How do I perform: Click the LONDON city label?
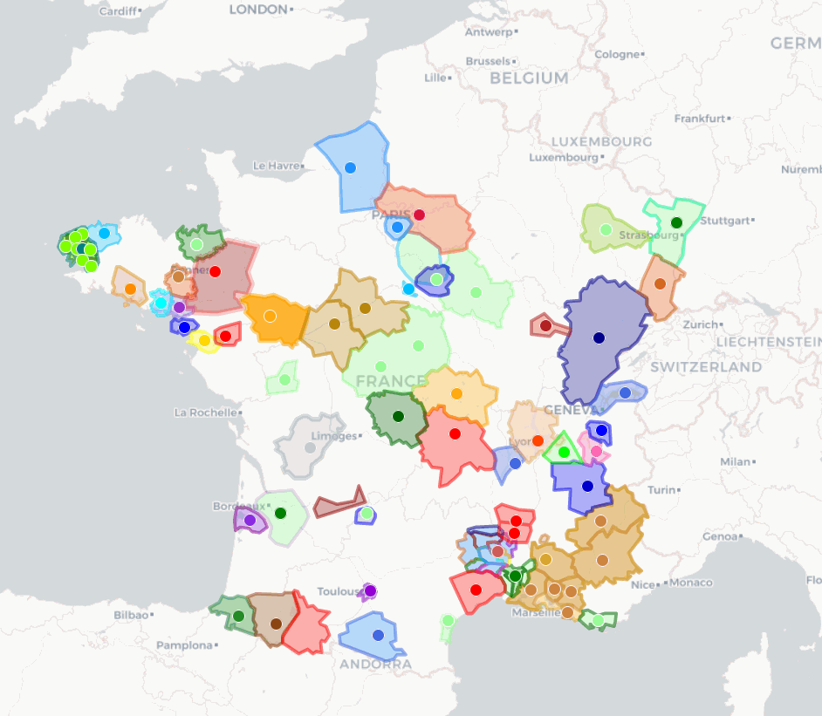click(x=258, y=10)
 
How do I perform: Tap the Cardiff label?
click(x=118, y=11)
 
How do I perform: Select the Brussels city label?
click(x=488, y=62)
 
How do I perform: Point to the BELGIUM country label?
click(x=529, y=78)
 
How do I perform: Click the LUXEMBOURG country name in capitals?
click(x=601, y=141)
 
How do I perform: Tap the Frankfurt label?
click(x=700, y=119)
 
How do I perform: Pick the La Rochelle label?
click(x=206, y=413)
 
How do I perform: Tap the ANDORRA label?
click(x=375, y=665)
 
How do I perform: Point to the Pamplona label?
click(x=183, y=646)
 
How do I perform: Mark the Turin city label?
click(x=661, y=490)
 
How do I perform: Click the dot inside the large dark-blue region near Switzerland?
click(x=599, y=338)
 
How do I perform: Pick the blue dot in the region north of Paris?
click(x=350, y=167)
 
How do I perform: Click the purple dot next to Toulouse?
click(x=370, y=590)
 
